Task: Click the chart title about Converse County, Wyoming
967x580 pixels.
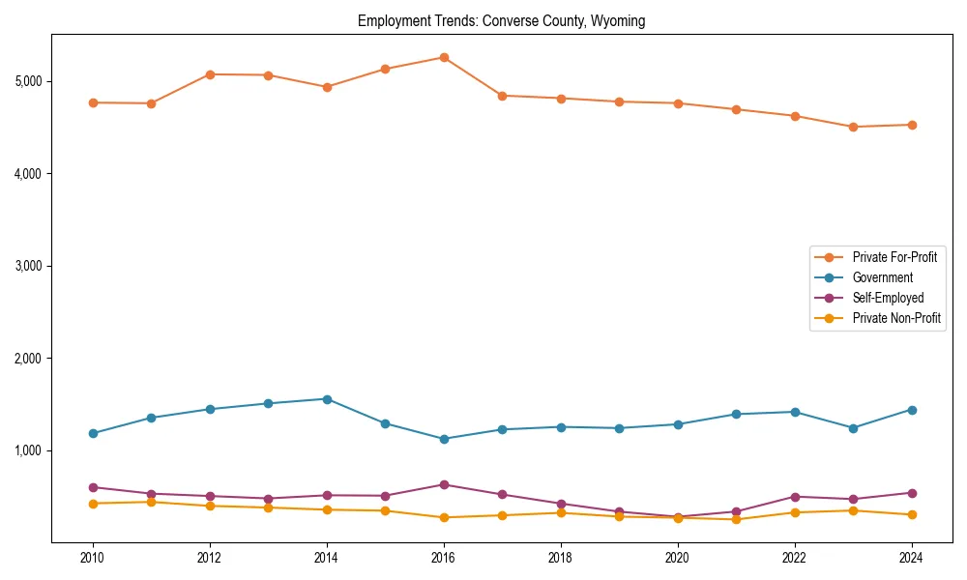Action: tap(501, 20)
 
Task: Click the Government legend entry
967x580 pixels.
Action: tap(882, 277)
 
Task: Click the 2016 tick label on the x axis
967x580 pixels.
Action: tap(444, 558)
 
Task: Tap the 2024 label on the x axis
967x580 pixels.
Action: tap(911, 558)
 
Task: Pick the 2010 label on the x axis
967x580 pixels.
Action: tap(93, 558)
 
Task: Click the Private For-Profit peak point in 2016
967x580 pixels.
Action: tap(444, 57)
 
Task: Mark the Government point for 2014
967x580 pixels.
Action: tap(327, 399)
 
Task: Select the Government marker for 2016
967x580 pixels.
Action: tap(444, 439)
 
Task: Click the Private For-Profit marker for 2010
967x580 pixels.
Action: tap(93, 102)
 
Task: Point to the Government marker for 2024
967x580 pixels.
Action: tap(911, 410)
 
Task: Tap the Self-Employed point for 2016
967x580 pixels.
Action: tap(444, 484)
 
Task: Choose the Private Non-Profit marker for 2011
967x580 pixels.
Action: tap(152, 502)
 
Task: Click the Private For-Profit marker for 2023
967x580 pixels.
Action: tap(853, 127)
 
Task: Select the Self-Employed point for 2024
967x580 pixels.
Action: tap(911, 493)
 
